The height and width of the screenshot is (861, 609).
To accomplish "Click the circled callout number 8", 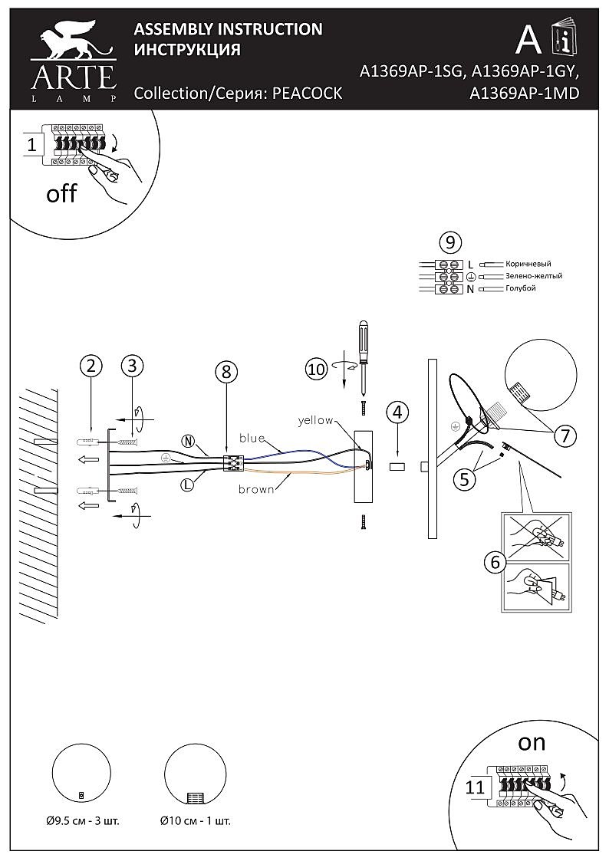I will click(x=225, y=373).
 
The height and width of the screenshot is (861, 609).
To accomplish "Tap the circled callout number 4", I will click(x=396, y=412).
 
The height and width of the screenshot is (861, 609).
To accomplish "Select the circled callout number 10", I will click(x=316, y=369).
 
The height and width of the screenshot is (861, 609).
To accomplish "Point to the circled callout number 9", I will click(x=450, y=243).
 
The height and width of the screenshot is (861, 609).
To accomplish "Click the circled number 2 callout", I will click(x=91, y=366).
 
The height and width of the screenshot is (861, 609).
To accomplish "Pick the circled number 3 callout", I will click(x=133, y=366).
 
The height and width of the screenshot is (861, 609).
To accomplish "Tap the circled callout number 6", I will click(x=494, y=563).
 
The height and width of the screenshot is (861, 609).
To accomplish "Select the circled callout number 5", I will click(x=463, y=480).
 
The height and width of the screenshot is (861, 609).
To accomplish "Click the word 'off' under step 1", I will click(x=61, y=193).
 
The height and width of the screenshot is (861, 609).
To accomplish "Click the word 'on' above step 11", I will click(x=532, y=742).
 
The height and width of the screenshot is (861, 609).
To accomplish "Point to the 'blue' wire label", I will click(x=252, y=438).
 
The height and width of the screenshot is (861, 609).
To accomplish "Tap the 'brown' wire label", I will click(x=256, y=489).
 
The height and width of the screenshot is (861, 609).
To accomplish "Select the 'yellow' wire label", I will click(x=315, y=420).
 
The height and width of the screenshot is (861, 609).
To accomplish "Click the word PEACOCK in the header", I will click(x=308, y=94).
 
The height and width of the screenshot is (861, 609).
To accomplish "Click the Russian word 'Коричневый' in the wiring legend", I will click(x=528, y=264).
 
